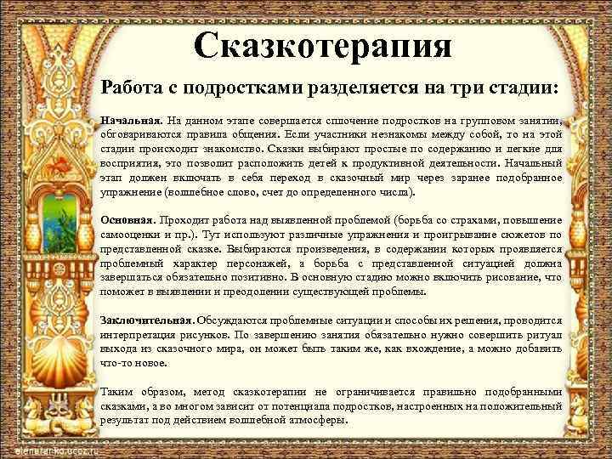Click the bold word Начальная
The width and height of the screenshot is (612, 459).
click(x=130, y=122)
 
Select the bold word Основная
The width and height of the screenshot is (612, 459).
click(x=128, y=220)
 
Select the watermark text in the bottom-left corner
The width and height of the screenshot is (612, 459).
click(x=51, y=448)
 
